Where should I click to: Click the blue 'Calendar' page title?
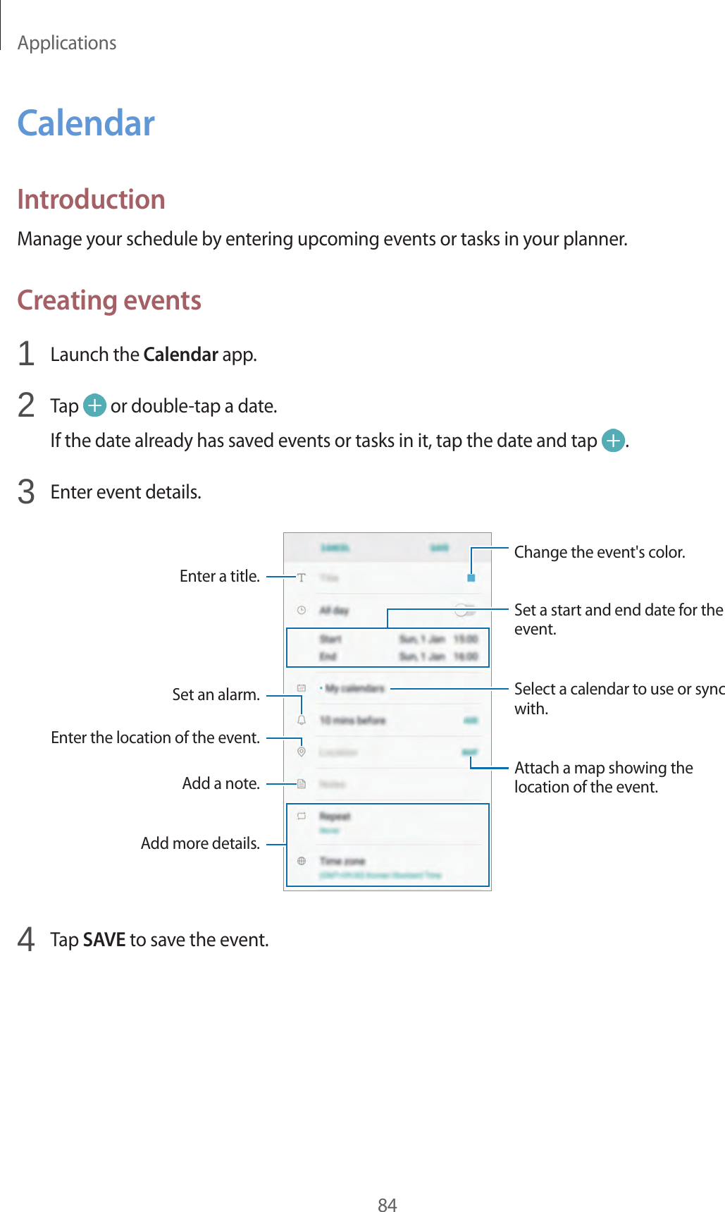[86, 123]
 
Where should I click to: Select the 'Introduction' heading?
[91, 200]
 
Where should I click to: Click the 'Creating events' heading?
[109, 300]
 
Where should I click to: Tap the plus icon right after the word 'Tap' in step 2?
[94, 405]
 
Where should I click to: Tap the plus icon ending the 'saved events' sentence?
[614, 441]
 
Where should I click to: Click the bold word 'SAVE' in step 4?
[104, 940]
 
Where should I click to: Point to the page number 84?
[387, 1205]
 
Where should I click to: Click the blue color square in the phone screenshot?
[471, 577]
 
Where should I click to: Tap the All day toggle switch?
[465, 610]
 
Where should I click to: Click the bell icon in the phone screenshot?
[302, 720]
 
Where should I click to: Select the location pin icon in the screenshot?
[302, 752]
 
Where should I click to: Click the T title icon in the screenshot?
[302, 577]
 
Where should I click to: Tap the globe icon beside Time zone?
[302, 861]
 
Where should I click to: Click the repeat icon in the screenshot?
[302, 816]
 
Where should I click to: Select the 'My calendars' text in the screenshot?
[354, 688]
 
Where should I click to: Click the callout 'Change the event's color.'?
[599, 552]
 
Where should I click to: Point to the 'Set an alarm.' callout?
[216, 694]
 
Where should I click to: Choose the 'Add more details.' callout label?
[200, 843]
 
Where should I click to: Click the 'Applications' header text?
[67, 43]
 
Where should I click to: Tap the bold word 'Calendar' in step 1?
[180, 354]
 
